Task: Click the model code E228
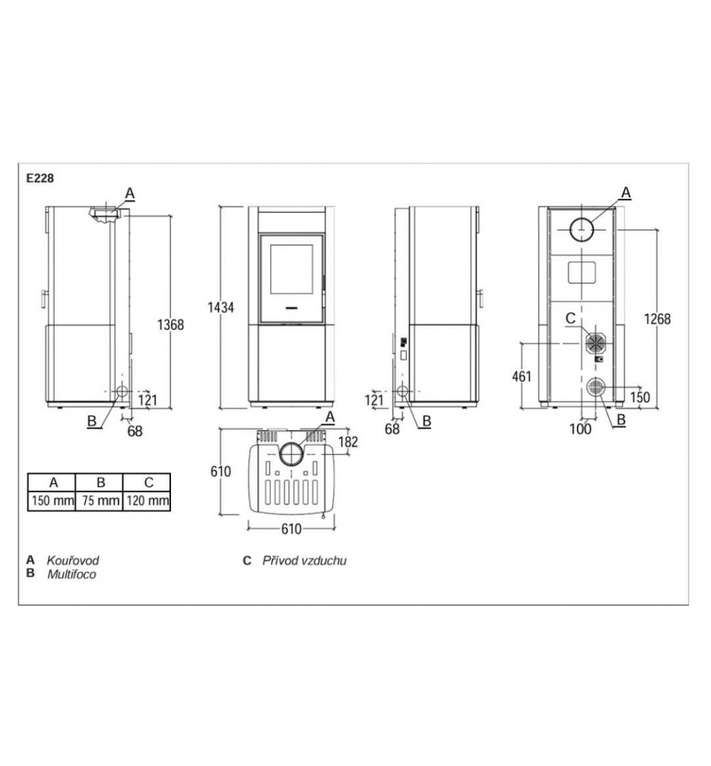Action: pos(40,179)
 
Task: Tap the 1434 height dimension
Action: pos(221,307)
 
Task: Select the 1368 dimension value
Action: pos(170,324)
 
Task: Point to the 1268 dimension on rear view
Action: pos(657,319)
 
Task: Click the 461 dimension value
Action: pos(522,377)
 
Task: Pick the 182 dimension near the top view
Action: pos(348,442)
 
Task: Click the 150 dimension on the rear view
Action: pos(640,397)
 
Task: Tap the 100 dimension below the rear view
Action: pos(580,429)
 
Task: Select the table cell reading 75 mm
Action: pos(101,501)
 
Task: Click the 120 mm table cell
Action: pos(148,501)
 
